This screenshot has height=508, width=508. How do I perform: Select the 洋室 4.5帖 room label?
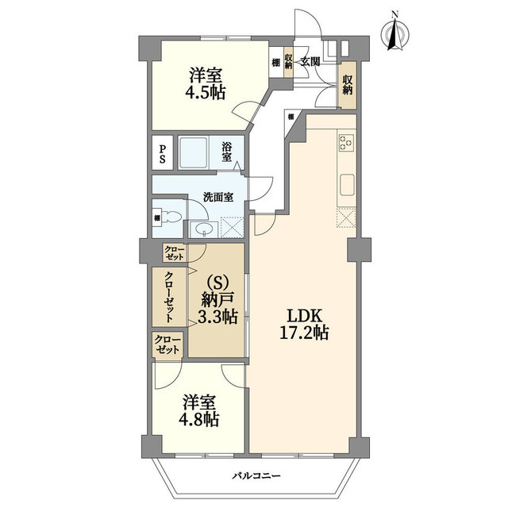[206, 84]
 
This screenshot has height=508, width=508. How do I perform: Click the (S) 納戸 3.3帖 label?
[217, 301]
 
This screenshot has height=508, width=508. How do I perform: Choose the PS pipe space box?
[162, 152]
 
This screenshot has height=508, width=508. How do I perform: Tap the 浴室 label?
[227, 152]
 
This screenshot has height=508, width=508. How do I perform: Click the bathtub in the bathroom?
[193, 152]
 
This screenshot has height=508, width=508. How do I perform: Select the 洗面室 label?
[218, 197]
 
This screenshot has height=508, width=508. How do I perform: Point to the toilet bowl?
[171, 217]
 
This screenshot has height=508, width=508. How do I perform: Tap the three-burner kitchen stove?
[346, 143]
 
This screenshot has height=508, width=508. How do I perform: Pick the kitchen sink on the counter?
[347, 185]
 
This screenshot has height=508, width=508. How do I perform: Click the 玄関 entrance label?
[310, 62]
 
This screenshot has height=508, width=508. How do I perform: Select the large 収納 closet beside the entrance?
[348, 85]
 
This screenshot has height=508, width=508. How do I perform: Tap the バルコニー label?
[256, 476]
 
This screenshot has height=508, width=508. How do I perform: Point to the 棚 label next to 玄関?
[275, 63]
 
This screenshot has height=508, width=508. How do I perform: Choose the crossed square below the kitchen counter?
[346, 217]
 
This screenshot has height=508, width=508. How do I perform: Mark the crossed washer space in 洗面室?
[232, 228]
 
